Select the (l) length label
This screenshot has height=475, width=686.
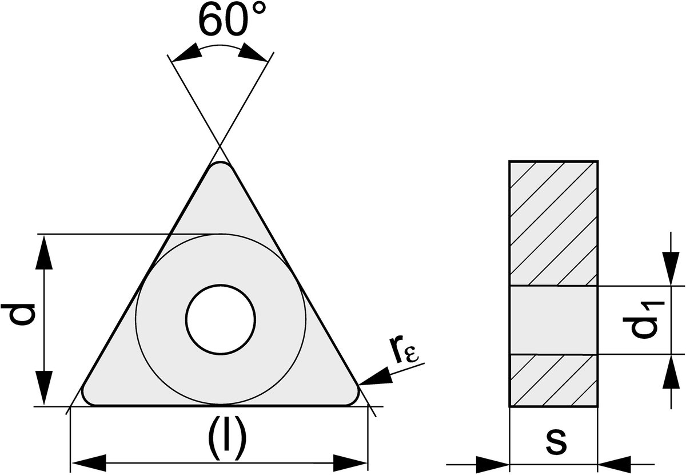pyautogui.click(x=227, y=438)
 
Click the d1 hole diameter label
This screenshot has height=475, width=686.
pyautogui.click(x=644, y=320)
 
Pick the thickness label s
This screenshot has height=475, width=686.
pyautogui.click(x=556, y=443)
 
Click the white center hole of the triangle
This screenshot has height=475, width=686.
pyautogui.click(x=221, y=319)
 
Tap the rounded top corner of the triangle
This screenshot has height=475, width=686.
pyautogui.click(x=221, y=165)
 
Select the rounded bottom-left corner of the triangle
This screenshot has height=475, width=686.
pyautogui.click(x=87, y=398)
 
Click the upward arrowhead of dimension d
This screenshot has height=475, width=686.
pyautogui.click(x=44, y=252)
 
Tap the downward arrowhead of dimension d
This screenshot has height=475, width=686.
pyautogui.click(x=44, y=388)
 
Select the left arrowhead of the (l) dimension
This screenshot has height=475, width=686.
pyautogui.click(x=88, y=463)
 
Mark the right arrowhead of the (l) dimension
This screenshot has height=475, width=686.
pyautogui.click(x=350, y=463)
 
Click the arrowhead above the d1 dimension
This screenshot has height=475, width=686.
pyautogui.click(x=671, y=269)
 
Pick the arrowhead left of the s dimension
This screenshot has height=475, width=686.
pyautogui.click(x=492, y=465)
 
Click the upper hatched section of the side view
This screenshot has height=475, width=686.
pyautogui.click(x=554, y=224)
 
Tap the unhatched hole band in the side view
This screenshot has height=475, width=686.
pyautogui.click(x=554, y=320)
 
